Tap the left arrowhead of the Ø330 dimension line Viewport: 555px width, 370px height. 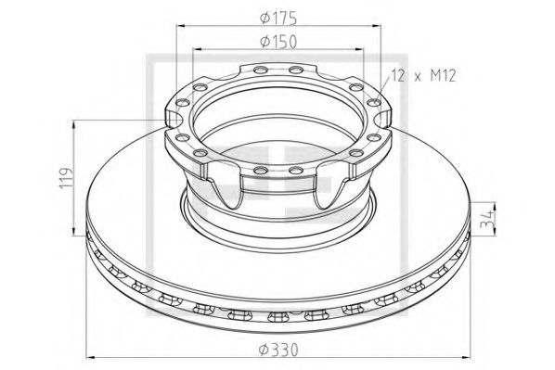[x=90, y=355]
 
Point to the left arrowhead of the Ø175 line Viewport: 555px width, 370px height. [x=175, y=25]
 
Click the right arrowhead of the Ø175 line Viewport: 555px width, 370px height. [x=382, y=25]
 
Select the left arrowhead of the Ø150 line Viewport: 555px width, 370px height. [x=196, y=49]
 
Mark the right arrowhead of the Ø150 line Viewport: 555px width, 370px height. [x=363, y=49]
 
